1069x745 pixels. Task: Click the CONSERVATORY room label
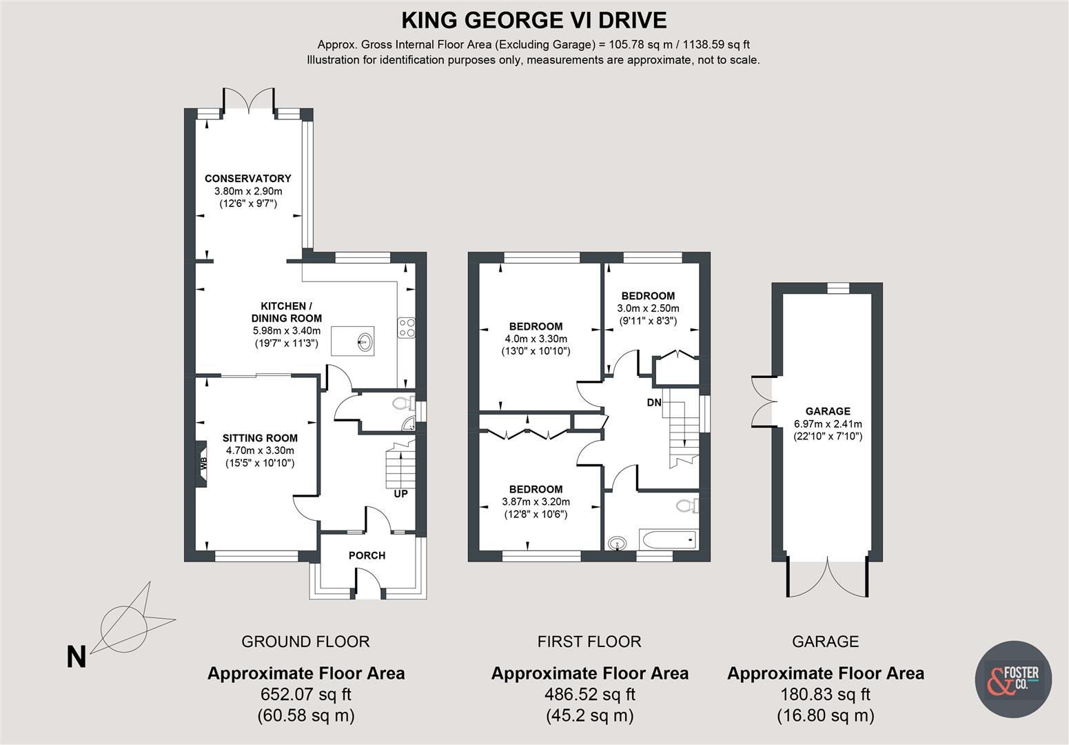click(x=247, y=178)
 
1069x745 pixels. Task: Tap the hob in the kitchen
click(x=406, y=327)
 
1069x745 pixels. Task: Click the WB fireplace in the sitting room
click(x=203, y=464)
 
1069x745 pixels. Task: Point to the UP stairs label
click(x=400, y=493)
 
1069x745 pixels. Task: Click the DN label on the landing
click(x=654, y=402)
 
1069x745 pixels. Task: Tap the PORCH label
click(x=367, y=555)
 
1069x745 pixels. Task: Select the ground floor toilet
click(x=399, y=404)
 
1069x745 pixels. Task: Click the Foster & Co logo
click(x=1013, y=678)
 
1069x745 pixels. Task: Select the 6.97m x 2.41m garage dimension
click(x=827, y=424)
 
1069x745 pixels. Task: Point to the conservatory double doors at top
click(x=251, y=100)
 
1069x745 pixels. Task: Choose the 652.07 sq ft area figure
click(x=305, y=694)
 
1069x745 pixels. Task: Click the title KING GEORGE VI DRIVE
click(x=533, y=20)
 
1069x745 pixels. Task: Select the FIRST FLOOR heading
click(x=589, y=642)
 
